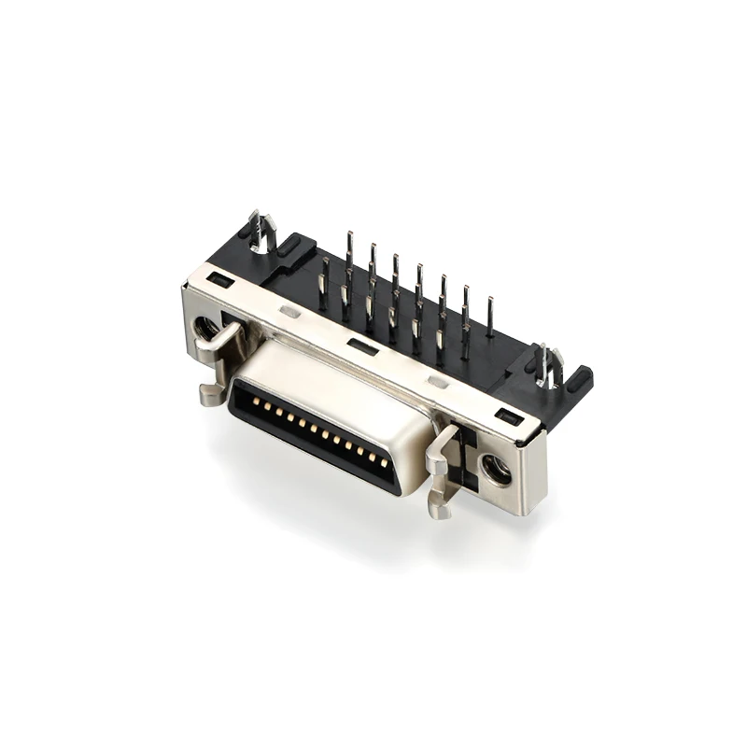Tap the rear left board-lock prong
(x=261, y=230)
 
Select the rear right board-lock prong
(x=547, y=365)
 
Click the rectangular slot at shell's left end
(x=221, y=278)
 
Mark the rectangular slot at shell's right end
(x=508, y=416)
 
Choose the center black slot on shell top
(x=363, y=347)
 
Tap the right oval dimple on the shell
(x=437, y=382)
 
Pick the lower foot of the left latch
(x=210, y=394)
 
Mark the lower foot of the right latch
(x=439, y=508)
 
